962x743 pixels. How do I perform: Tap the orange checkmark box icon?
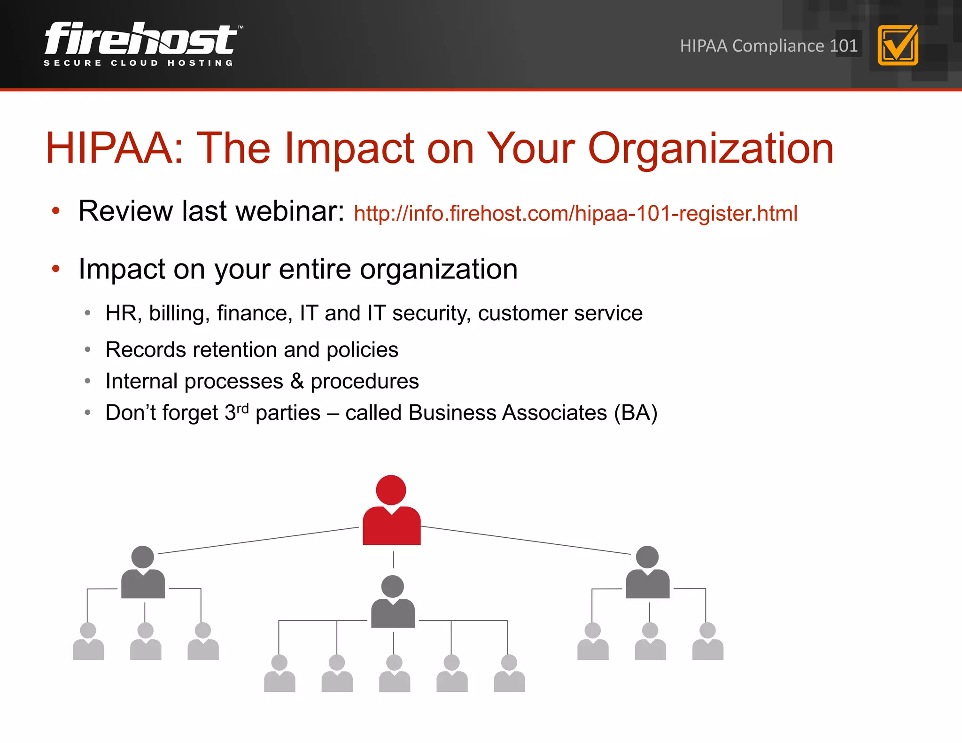click(x=898, y=46)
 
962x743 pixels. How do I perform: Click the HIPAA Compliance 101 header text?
click(x=768, y=46)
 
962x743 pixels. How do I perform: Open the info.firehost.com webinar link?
click(x=575, y=214)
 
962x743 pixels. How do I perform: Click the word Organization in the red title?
click(x=711, y=148)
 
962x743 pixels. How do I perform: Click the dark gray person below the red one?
click(x=393, y=602)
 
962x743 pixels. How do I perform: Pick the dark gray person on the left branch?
click(x=143, y=573)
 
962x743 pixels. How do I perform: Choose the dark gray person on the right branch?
click(x=647, y=573)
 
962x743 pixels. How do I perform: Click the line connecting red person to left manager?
click(x=258, y=541)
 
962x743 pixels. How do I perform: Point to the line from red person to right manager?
click(x=526, y=541)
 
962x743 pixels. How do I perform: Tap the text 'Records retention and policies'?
click(x=252, y=350)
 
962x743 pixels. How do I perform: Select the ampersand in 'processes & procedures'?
click(x=297, y=381)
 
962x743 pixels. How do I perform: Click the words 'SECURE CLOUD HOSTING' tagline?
click(x=139, y=63)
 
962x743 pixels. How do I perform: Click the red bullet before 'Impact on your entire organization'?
click(x=56, y=269)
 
